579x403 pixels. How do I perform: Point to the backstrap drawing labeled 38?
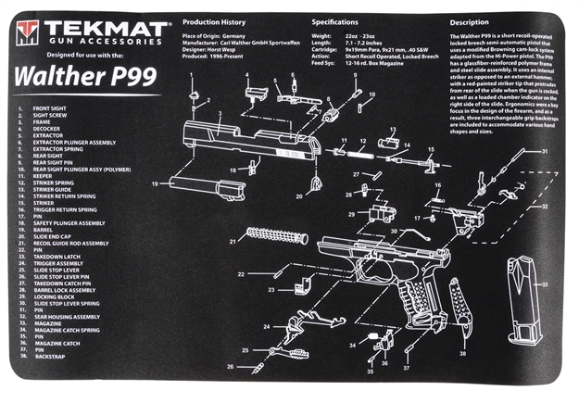(459, 306)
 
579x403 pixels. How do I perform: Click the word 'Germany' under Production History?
(236, 33)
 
